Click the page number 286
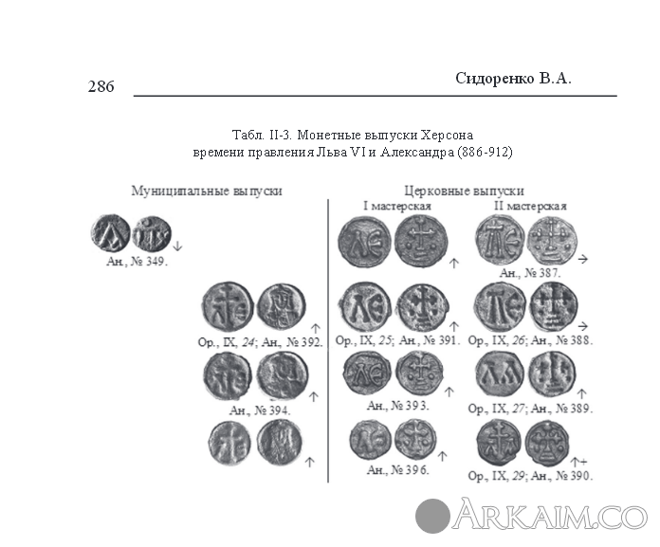[x=101, y=86]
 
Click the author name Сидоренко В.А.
[x=514, y=79]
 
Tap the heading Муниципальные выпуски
[x=207, y=191]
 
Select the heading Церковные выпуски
[x=465, y=191]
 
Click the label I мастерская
[x=397, y=206]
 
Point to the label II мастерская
[x=530, y=206]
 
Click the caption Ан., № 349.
[x=137, y=262]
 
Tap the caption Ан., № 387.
[x=530, y=273]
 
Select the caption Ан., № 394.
[x=260, y=410]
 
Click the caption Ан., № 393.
[x=397, y=406]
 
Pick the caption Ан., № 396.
[x=397, y=470]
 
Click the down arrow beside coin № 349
[x=177, y=246]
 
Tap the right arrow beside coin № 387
[x=582, y=259]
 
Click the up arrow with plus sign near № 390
[x=578, y=462]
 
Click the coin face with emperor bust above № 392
[x=282, y=307]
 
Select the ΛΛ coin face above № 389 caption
[x=500, y=374]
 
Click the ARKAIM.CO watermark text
[x=550, y=514]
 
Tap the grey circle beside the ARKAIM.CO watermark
[x=432, y=516]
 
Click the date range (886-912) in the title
[x=485, y=152]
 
